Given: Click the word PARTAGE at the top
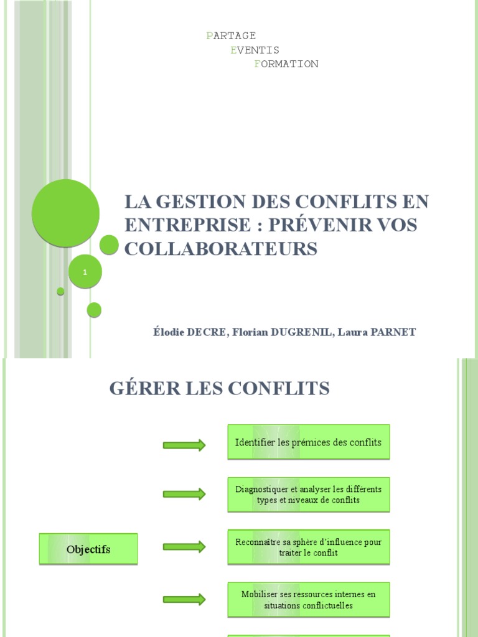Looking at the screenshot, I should point(231,35).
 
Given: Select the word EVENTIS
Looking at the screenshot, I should point(255,50).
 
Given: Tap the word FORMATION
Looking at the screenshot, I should point(286,64).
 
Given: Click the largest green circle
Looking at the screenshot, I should point(65,213).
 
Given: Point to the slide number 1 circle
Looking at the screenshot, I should point(85,272).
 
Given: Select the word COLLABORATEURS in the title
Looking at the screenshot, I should point(221,248).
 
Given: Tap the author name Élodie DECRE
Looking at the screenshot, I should point(191,332).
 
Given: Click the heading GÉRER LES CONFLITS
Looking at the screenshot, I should point(219,389).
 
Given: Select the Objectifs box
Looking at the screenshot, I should point(88,549).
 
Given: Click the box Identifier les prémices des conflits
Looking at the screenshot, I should point(309,442).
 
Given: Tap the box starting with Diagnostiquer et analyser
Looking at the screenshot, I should point(309,495).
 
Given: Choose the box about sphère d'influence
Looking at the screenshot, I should point(309,547).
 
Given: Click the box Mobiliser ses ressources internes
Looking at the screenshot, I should point(309,600).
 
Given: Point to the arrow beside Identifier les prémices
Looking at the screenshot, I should point(184,445).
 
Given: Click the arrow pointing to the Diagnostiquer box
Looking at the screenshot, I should point(184,494).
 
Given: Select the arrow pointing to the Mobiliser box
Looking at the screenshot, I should point(184,600).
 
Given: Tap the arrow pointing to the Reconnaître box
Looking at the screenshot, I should point(184,547).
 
